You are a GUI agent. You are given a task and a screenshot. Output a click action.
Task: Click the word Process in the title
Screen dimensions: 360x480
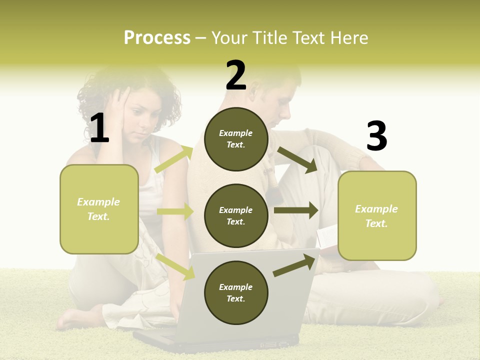[157, 38]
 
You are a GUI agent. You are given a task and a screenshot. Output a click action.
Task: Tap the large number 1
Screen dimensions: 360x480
[99, 128]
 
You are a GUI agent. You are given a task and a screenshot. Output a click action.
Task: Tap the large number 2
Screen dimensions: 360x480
[236, 75]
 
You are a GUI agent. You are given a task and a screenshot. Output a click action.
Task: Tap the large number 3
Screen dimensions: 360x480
[376, 136]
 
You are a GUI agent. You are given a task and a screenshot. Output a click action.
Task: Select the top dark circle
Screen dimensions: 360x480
[236, 139]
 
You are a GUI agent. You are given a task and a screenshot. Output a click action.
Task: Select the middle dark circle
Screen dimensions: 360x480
[236, 216]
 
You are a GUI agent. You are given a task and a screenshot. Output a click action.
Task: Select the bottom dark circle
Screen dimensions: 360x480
[236, 293]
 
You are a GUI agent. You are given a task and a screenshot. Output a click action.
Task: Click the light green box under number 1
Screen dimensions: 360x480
[99, 209]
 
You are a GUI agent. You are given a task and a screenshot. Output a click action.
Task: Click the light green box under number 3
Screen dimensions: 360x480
[377, 216]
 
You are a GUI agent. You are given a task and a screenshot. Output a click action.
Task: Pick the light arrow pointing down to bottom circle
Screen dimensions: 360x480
[175, 266]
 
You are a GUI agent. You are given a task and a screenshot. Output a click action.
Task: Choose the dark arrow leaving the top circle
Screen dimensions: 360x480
[297, 160]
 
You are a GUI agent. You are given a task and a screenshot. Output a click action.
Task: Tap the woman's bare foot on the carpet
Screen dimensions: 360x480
[75, 317]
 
